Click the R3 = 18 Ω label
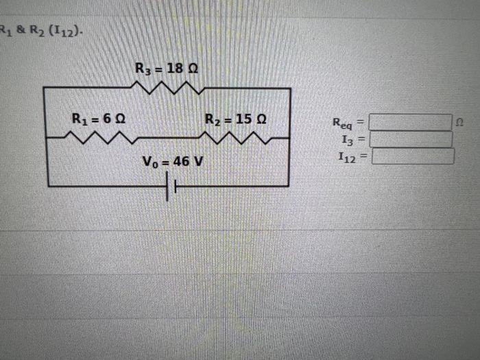coord(167,69)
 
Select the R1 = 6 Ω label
coord(99,118)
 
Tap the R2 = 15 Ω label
coord(236,119)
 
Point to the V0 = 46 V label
coord(173,163)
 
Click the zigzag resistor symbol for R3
coord(167,88)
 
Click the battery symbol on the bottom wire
coord(171,186)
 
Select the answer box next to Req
coord(411,123)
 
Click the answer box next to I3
coord(411,140)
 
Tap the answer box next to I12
coord(413,157)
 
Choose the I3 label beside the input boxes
coord(347,140)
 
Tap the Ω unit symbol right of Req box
coord(459,123)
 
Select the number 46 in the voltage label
coord(182,163)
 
